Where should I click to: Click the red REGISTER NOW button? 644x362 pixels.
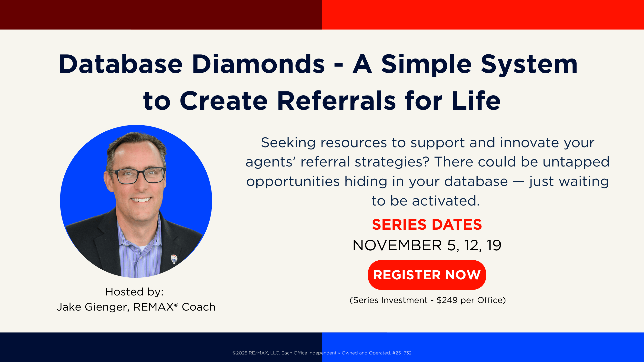pos(427,275)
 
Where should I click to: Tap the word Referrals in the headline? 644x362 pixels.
pos(336,101)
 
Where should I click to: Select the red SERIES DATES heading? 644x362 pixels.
pos(427,224)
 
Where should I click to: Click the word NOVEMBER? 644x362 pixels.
pos(397,245)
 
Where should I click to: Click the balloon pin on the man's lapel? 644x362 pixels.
pos(174,259)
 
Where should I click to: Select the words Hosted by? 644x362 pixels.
pos(134,292)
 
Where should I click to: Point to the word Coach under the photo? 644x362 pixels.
pos(199,307)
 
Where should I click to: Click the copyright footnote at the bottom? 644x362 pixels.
pos(322,353)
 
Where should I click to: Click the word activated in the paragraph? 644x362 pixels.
pos(446,201)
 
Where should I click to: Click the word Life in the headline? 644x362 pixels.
pos(476,101)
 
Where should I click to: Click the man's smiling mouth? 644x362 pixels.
pos(141,200)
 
